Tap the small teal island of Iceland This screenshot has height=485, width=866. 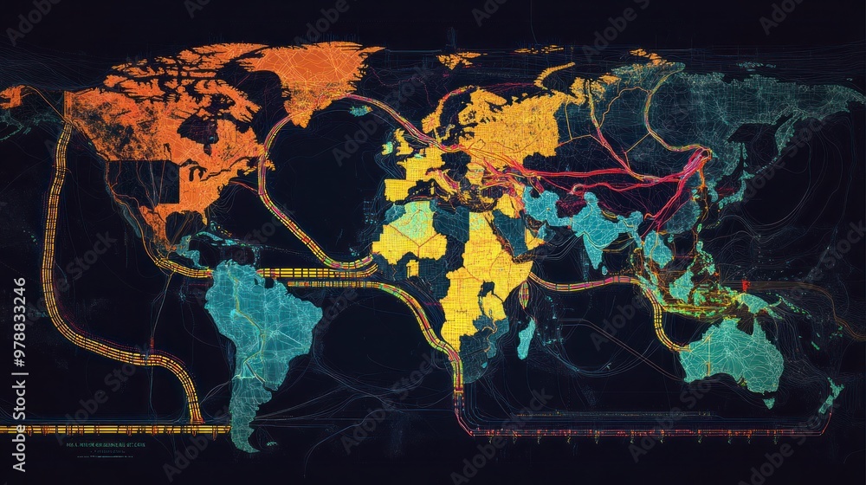click(360, 110)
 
